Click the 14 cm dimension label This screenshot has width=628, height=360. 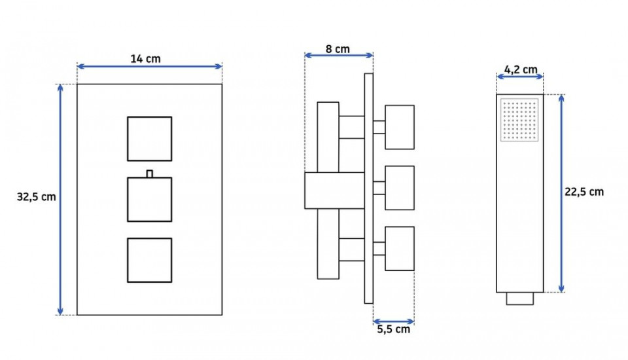click(x=145, y=59)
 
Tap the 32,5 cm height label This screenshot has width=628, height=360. click(x=37, y=197)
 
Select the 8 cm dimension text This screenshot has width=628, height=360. click(x=338, y=49)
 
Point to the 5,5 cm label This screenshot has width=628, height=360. click(x=394, y=329)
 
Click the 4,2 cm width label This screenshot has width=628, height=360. click(x=521, y=69)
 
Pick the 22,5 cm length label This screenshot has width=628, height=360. click(x=584, y=192)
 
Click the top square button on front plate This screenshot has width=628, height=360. click(x=149, y=139)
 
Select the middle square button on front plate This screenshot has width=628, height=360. click(x=149, y=199)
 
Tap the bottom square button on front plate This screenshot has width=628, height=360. click(x=149, y=260)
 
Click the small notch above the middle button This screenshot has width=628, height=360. click(x=149, y=173)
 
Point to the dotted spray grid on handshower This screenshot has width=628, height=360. click(x=519, y=120)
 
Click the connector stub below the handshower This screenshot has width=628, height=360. click(x=520, y=298)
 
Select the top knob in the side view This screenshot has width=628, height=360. click(x=400, y=127)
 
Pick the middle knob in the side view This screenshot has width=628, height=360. click(x=400, y=188)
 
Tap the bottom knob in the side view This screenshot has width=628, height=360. click(x=400, y=249)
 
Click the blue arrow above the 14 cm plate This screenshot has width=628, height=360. click(x=149, y=66)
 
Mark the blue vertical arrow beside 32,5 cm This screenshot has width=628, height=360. click(x=60, y=199)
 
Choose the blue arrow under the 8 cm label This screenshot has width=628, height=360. click(x=339, y=55)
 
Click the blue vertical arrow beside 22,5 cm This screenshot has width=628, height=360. click(x=561, y=193)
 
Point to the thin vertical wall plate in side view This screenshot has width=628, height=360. click(x=368, y=189)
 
